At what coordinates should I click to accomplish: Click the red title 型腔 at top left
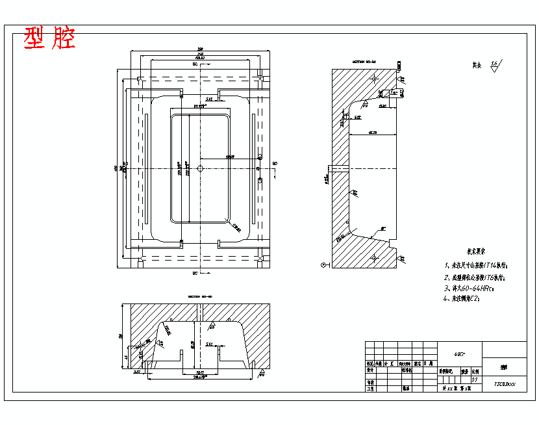[50, 39]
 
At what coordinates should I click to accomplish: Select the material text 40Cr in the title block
[459, 354]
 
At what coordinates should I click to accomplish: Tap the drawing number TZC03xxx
[505, 384]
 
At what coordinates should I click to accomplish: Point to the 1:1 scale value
[474, 380]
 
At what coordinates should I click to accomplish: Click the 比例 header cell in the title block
[475, 372]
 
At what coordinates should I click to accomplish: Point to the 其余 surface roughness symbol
[487, 65]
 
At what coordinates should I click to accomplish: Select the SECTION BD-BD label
[200, 296]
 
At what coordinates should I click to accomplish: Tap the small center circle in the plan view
[200, 168]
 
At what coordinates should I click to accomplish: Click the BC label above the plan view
[195, 65]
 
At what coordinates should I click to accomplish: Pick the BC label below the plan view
[195, 273]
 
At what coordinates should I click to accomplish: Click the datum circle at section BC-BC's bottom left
[323, 265]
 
